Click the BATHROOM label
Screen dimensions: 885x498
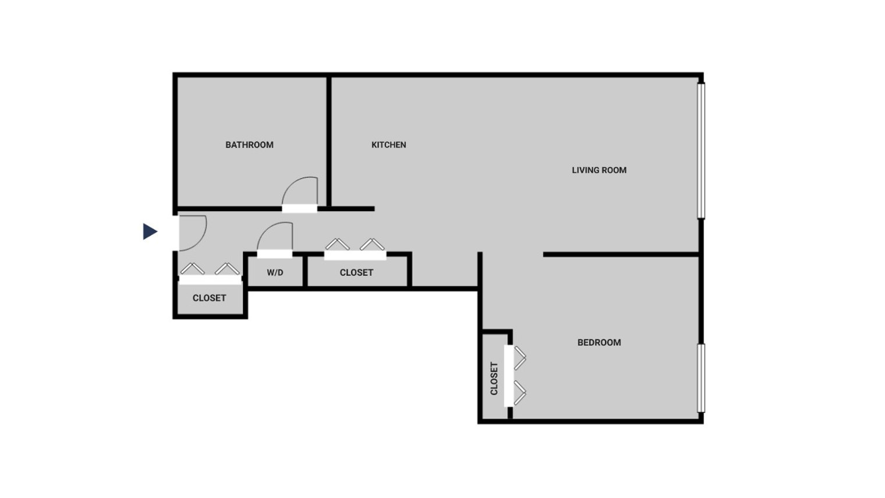point(249,145)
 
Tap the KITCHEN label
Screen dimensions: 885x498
point(389,145)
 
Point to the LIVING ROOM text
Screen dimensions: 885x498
point(599,170)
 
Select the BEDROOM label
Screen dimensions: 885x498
point(599,343)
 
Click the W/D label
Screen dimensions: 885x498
point(275,272)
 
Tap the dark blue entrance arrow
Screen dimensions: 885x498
point(150,232)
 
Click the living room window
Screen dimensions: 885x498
point(701,151)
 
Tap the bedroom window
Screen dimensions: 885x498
point(701,378)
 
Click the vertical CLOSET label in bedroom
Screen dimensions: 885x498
point(494,378)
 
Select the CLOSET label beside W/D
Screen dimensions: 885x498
point(356,272)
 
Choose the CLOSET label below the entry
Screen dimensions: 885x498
point(210,298)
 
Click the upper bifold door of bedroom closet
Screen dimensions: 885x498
point(519,358)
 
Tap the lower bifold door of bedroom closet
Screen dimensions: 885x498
point(519,393)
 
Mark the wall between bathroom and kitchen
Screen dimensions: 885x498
point(329,141)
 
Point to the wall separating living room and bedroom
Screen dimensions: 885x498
point(621,255)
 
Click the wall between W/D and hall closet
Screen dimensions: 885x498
point(305,271)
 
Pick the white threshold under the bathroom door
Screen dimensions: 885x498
point(299,209)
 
